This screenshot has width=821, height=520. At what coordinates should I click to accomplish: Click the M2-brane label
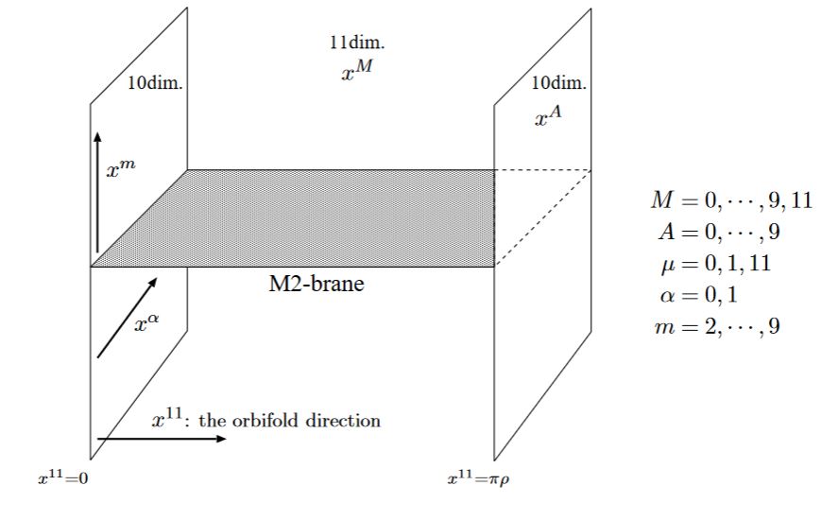pyautogui.click(x=316, y=284)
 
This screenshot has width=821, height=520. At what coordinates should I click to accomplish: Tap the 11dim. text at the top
pyautogui.click(x=357, y=43)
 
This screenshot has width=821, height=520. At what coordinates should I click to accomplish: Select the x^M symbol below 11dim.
pyautogui.click(x=357, y=70)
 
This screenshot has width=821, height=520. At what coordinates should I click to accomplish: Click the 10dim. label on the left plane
pyautogui.click(x=156, y=83)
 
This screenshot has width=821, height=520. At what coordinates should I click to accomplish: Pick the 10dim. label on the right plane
pyautogui.click(x=559, y=83)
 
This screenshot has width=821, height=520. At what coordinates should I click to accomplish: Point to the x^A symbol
pyautogui.click(x=548, y=116)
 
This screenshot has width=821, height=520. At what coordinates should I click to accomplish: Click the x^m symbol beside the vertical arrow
pyautogui.click(x=121, y=169)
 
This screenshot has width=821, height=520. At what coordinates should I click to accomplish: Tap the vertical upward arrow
pyautogui.click(x=97, y=192)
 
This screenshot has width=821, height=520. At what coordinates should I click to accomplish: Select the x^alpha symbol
pyautogui.click(x=146, y=322)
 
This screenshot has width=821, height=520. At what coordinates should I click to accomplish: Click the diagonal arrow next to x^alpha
pyautogui.click(x=128, y=318)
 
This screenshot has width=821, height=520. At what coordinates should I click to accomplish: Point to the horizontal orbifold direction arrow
pyautogui.click(x=162, y=439)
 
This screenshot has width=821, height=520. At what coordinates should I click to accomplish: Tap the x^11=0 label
pyautogui.click(x=63, y=477)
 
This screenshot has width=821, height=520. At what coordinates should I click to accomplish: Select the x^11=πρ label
pyautogui.click(x=478, y=478)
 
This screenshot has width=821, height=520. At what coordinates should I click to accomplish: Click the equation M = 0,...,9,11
pyautogui.click(x=731, y=199)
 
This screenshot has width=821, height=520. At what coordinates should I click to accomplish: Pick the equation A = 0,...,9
pyautogui.click(x=719, y=232)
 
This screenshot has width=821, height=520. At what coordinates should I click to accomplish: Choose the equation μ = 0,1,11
pyautogui.click(x=716, y=263)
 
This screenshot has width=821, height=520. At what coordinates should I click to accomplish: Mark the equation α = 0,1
pyautogui.click(x=699, y=295)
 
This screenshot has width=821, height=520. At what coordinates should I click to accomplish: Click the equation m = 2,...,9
pyautogui.click(x=717, y=326)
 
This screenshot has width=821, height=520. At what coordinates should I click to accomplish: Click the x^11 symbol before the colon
pyautogui.click(x=167, y=418)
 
